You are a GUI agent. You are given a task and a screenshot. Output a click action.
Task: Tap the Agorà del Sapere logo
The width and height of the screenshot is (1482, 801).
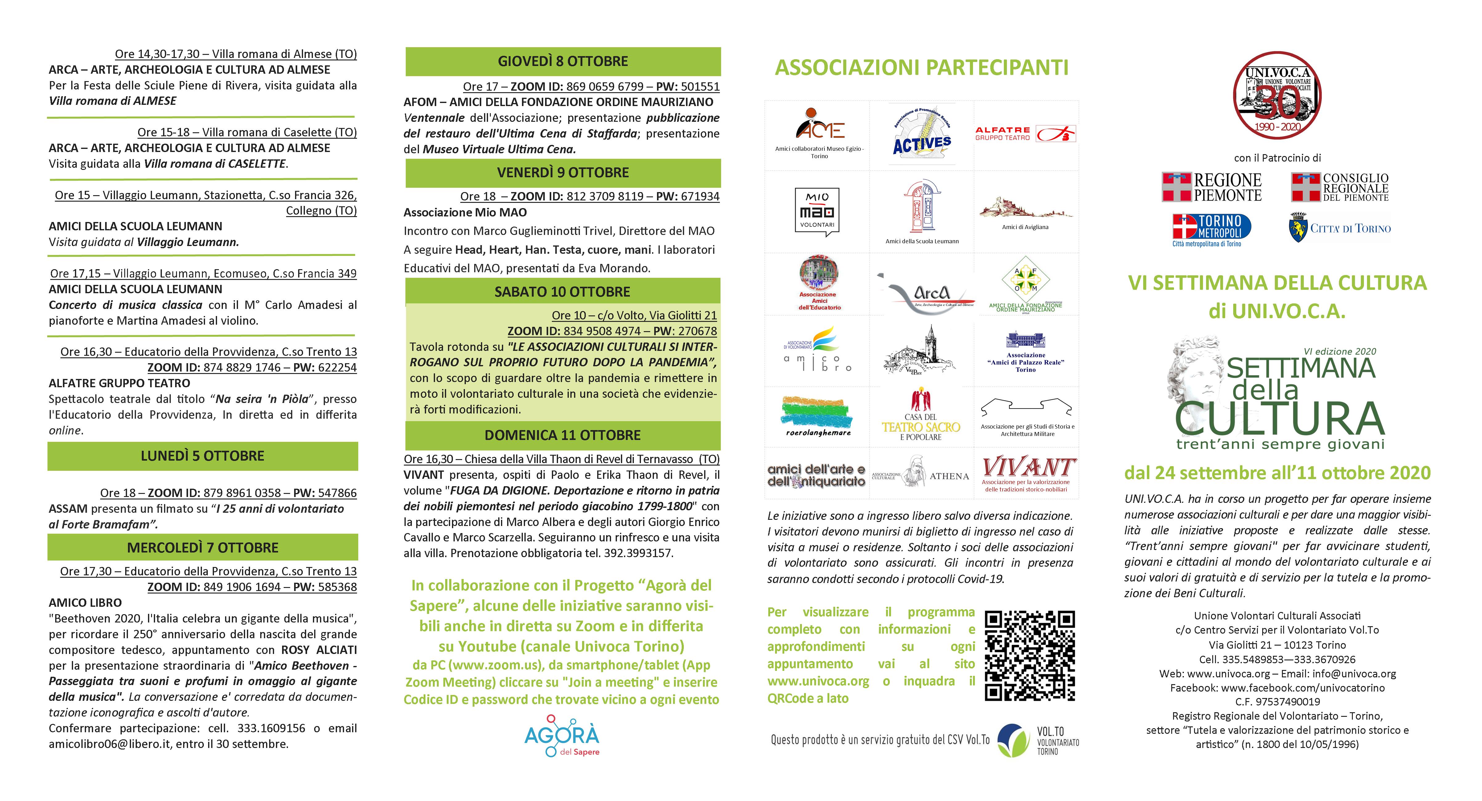click(562, 736)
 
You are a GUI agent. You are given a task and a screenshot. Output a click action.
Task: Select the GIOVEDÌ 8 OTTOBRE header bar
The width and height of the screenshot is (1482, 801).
click(563, 62)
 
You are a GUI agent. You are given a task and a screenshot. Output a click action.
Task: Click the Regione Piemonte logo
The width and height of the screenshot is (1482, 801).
click(1212, 187)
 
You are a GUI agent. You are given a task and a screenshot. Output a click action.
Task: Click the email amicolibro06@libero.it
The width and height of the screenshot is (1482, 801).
click(109, 744)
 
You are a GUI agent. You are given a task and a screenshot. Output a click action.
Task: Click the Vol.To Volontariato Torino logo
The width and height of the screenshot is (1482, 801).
click(1038, 740)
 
